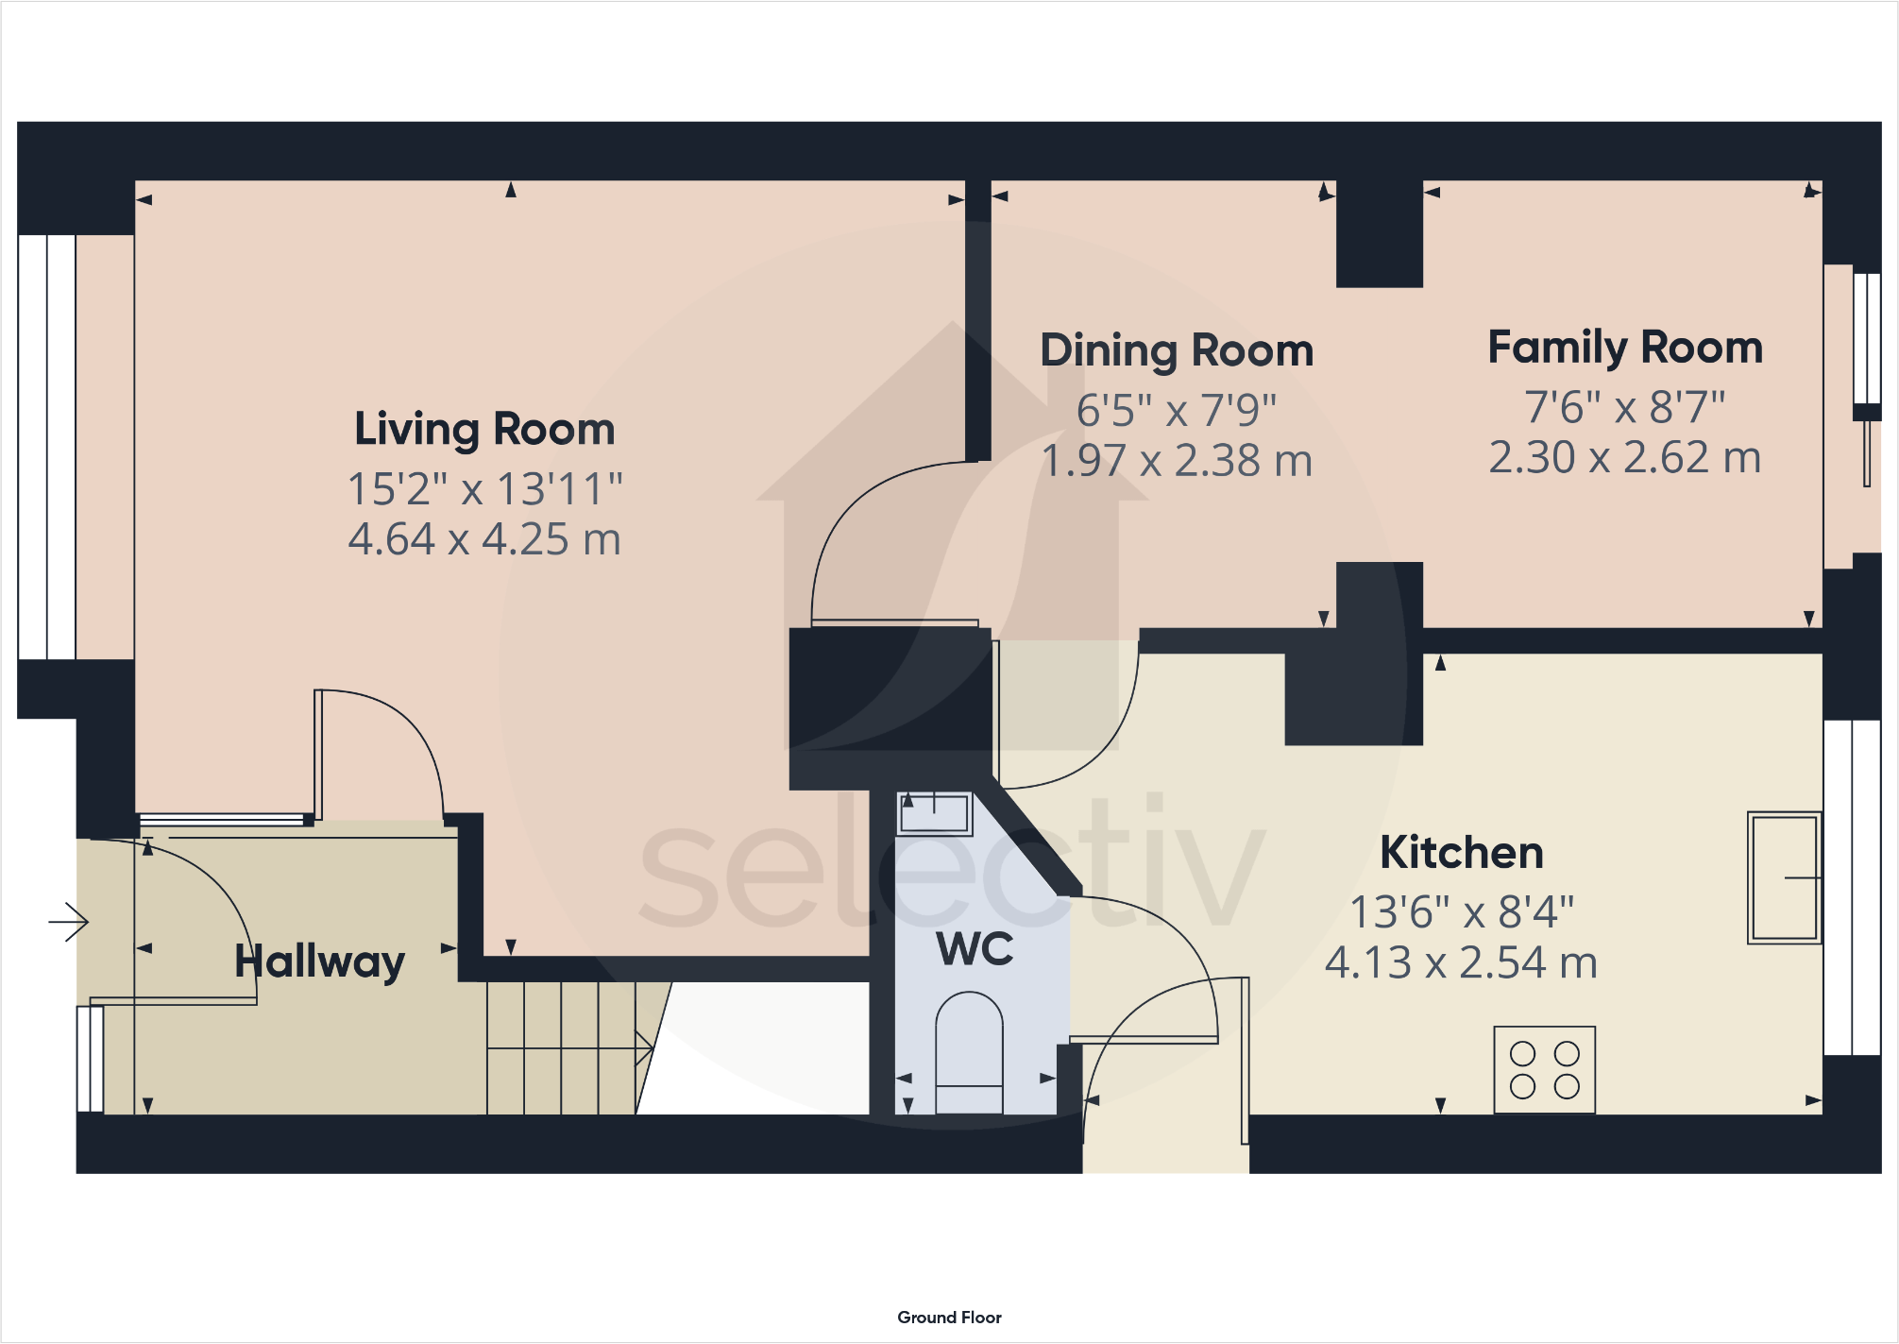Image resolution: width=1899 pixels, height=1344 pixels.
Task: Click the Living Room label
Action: [484, 430]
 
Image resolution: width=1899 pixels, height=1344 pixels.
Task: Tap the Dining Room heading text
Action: [1177, 351]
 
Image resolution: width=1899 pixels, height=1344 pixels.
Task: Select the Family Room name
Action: [1625, 348]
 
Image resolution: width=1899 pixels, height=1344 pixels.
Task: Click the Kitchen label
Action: [1462, 853]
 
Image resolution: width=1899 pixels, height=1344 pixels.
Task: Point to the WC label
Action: [975, 949]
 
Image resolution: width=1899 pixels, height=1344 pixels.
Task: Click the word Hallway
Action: [319, 961]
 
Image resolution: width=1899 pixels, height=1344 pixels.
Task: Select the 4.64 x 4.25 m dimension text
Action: [484, 539]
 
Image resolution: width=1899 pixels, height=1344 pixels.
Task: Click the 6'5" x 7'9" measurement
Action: [1177, 411]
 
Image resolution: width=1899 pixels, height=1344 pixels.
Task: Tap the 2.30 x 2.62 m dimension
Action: [1625, 458]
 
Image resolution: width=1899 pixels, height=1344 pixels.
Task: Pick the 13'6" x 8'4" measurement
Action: [1462, 912]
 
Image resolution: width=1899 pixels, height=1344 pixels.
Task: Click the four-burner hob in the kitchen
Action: [1544, 1070]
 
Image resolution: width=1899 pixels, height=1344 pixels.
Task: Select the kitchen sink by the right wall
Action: [1784, 877]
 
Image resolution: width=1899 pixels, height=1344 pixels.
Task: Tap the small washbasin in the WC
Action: [934, 813]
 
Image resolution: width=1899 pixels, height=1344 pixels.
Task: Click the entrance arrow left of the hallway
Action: [69, 921]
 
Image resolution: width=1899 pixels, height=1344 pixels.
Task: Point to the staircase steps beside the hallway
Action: [561, 1048]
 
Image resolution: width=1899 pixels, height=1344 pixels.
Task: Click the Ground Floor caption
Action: [949, 1318]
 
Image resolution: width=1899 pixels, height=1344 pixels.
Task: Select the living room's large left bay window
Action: [46, 447]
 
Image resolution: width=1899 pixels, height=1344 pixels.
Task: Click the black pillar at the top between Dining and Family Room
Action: [1380, 234]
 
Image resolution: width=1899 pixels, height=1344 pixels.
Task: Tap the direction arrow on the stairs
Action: [644, 1047]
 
